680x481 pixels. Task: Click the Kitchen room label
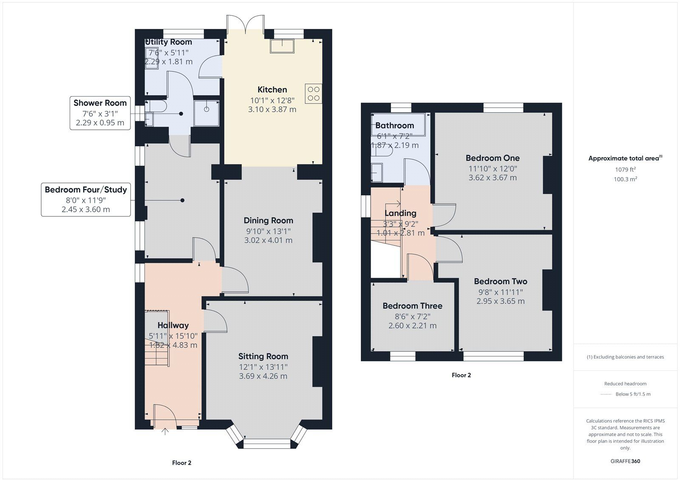coord(272,90)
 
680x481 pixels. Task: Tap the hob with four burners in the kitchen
coord(313,94)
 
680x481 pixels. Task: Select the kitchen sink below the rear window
coord(282,46)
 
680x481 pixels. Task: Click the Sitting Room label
coord(263,356)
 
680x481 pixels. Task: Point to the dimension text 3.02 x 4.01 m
coord(268,240)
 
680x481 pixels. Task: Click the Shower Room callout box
coord(100,113)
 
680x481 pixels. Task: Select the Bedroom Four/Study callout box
coord(86,199)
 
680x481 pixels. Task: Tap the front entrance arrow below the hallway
coord(165,432)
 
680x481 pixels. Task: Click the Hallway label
coord(173,325)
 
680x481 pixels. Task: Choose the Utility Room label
coord(169,42)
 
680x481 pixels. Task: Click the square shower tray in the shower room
coord(207,113)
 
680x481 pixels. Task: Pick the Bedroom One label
coord(493,158)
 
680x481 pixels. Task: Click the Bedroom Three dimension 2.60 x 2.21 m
coord(412,326)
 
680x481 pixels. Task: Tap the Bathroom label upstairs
coord(394,125)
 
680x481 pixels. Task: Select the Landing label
coord(400,213)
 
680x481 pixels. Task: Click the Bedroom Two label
coord(500,282)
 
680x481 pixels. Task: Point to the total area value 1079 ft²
coord(625,170)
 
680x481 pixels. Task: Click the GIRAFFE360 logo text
coord(625,461)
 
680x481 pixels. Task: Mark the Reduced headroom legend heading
coord(625,384)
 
